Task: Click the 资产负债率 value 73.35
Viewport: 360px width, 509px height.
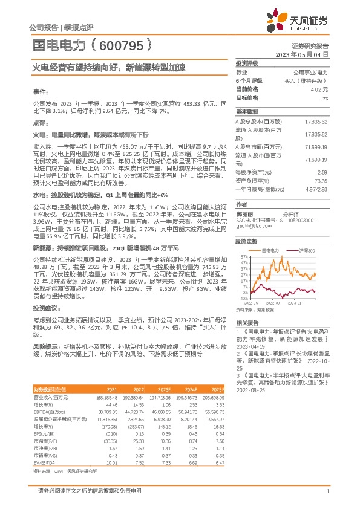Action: (x=321, y=181)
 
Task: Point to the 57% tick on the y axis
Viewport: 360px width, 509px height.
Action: (x=243, y=256)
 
